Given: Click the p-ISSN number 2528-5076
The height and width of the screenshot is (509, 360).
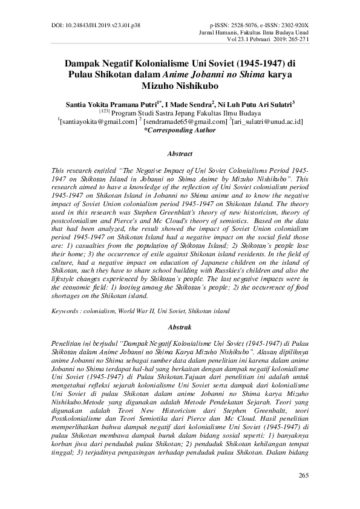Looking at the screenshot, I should (247, 27).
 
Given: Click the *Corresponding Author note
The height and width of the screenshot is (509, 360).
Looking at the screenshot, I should (180, 129).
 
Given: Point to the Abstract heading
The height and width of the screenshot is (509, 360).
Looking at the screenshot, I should (180, 154).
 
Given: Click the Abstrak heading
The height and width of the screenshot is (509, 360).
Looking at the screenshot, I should (180, 327).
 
